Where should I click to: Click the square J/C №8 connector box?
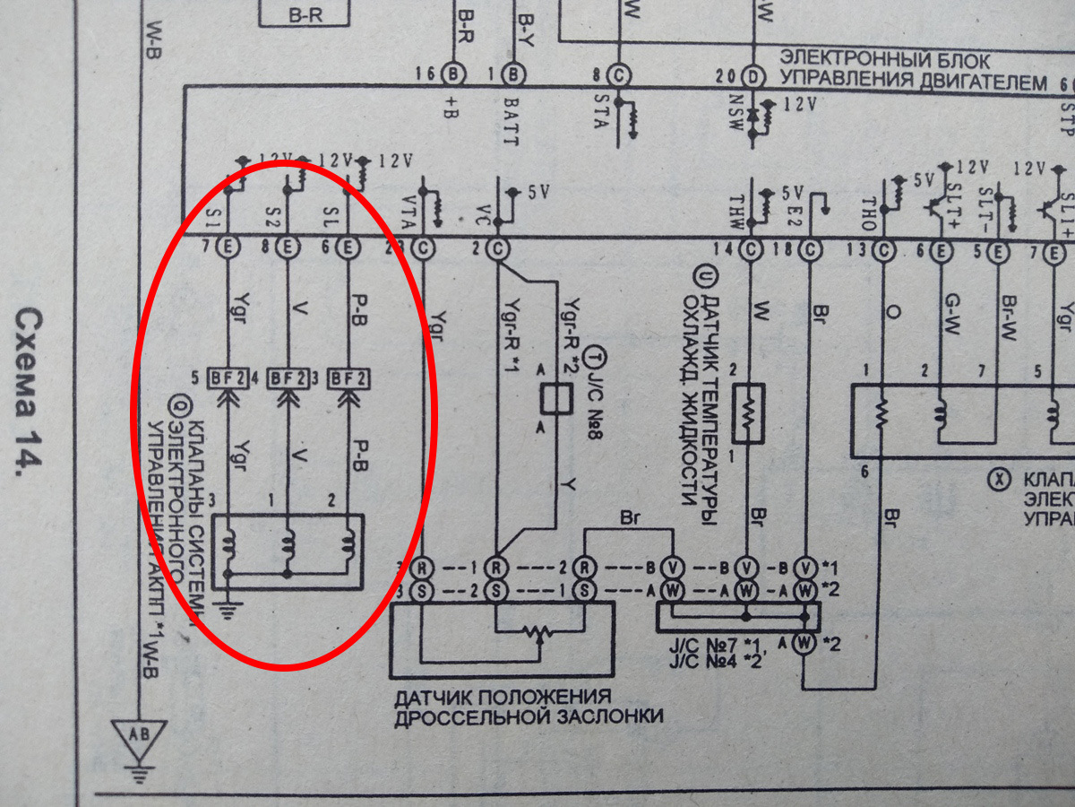558,399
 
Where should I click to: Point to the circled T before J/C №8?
590,358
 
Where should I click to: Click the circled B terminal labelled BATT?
518,73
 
